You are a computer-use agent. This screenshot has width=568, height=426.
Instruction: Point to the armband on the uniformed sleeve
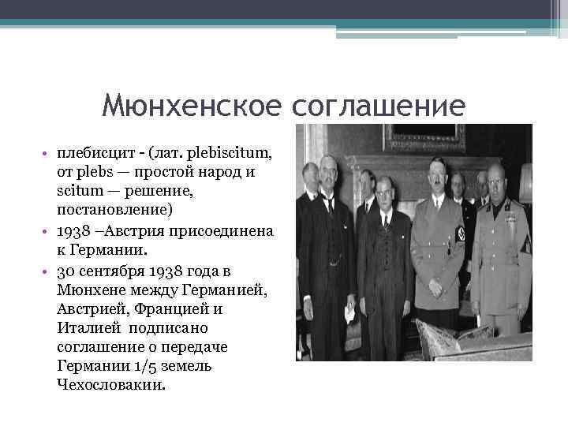click(x=461, y=234)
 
